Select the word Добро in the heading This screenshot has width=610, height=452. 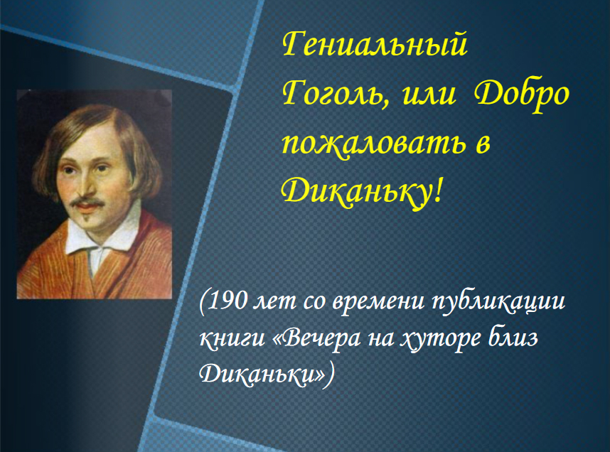click(522, 95)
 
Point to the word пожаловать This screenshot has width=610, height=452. click(373, 144)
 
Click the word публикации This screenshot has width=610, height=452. click(499, 302)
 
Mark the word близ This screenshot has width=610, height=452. click(513, 338)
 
